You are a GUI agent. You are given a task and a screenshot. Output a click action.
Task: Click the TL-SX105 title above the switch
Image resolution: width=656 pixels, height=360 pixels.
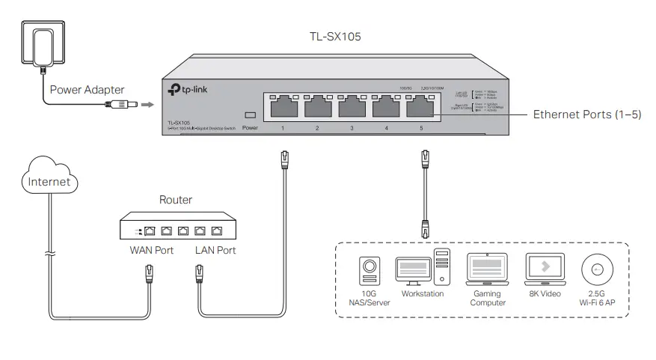335,35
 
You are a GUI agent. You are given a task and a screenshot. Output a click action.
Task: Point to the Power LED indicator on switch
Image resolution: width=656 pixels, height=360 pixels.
250,116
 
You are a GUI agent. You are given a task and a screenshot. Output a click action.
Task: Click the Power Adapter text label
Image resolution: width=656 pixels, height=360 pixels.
87,90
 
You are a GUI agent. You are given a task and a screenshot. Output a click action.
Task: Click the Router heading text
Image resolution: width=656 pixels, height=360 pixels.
176,200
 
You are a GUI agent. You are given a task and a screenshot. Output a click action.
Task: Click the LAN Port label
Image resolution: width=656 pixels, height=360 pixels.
215,250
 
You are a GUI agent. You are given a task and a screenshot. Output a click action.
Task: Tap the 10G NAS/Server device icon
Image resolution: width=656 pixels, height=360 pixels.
368,271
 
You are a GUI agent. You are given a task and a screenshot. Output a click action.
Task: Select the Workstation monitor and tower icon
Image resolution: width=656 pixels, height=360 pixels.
422,269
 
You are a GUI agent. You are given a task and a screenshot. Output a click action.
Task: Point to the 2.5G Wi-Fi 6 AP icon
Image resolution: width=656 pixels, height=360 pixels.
598,269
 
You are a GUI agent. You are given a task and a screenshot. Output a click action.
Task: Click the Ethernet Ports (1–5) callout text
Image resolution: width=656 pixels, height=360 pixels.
586,115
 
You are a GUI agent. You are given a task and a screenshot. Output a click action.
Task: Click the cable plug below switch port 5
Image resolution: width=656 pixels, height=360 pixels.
426,159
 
